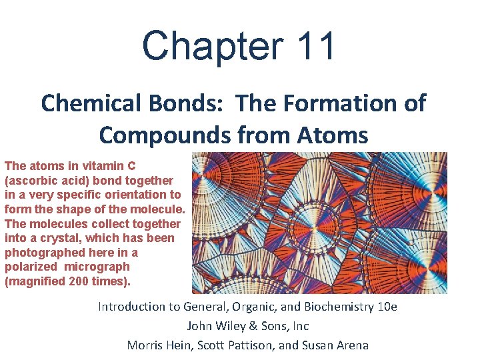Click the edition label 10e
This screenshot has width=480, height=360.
[383, 307]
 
